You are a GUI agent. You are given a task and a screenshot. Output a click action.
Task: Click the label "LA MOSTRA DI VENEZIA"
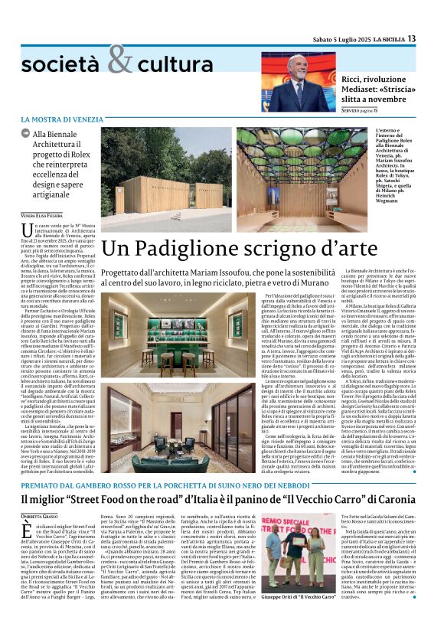point(72,120)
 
